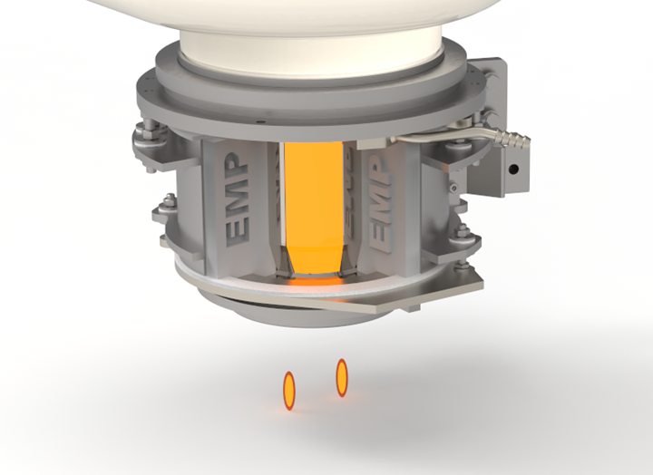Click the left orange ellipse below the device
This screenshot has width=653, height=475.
tap(290, 390)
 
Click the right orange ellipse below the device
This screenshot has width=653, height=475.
tap(342, 377)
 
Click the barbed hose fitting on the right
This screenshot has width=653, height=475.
tap(514, 141)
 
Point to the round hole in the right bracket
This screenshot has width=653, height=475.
tap(513, 170)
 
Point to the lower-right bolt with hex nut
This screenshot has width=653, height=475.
tap(464, 237)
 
